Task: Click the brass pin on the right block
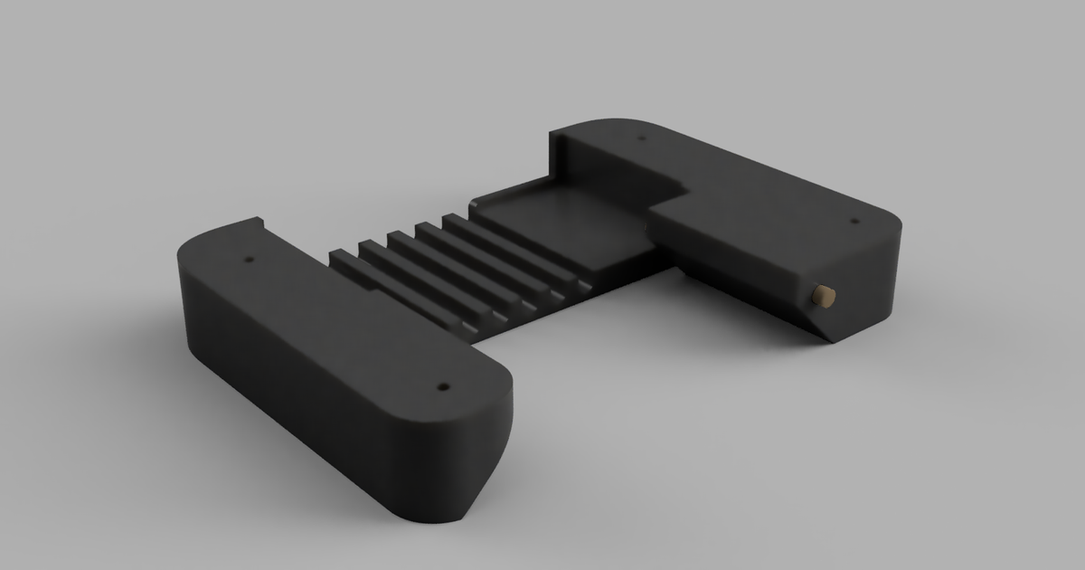[x=824, y=295]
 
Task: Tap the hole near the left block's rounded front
[x=442, y=386]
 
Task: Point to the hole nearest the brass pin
[x=854, y=220]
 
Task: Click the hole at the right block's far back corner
[x=641, y=138]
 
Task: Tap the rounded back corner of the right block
[x=624, y=121]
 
